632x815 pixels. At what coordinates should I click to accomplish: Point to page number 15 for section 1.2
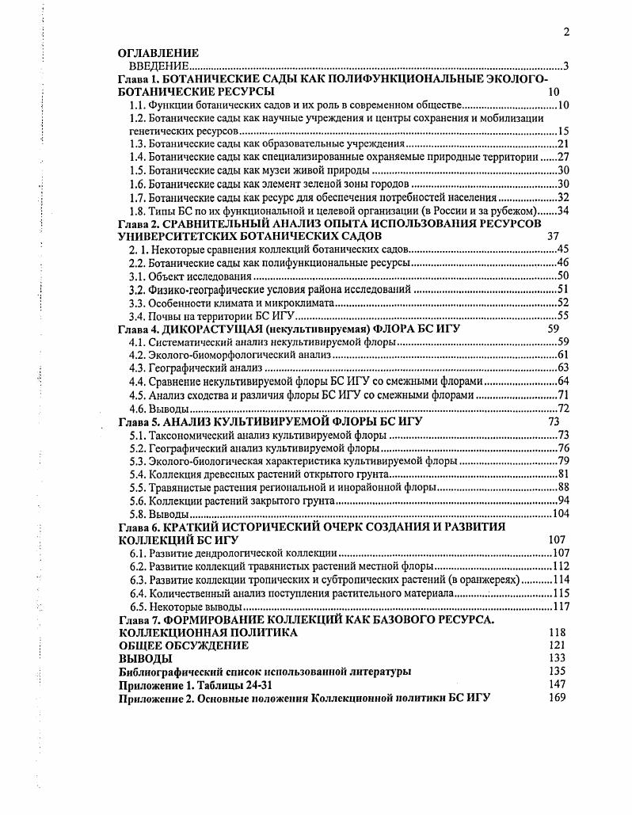[x=564, y=131]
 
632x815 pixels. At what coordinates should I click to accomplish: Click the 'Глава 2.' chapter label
[x=138, y=224]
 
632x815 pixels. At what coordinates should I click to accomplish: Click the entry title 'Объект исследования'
[x=200, y=276]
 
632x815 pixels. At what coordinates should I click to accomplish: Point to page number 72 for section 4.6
[x=564, y=409]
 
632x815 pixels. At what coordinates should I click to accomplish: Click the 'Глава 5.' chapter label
[x=138, y=421]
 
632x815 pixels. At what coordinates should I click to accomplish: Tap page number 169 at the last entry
[x=557, y=697]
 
